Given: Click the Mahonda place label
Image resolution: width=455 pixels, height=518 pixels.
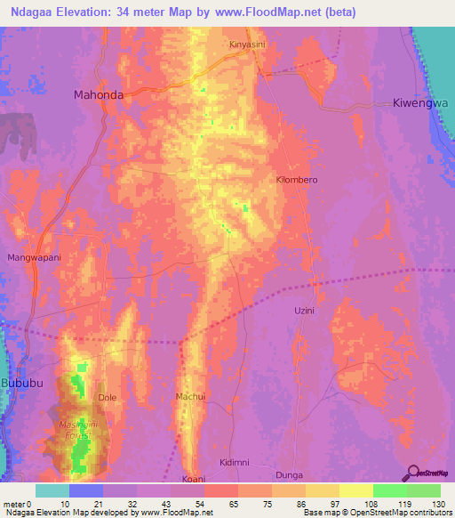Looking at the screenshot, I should [x=97, y=93].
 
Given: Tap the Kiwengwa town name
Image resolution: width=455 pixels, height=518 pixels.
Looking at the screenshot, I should [x=420, y=103].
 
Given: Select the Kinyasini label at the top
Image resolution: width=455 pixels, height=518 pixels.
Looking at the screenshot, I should [x=248, y=44].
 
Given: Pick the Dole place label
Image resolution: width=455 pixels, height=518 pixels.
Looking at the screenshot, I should [x=107, y=398].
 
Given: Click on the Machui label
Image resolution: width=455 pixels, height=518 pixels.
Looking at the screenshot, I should [x=191, y=396].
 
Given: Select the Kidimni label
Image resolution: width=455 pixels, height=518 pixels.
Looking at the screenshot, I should [x=235, y=464].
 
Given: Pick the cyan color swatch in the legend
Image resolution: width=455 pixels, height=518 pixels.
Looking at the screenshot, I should [x=52, y=490].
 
